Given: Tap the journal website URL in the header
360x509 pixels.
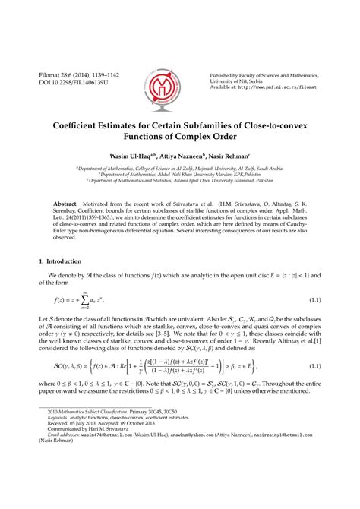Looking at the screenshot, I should tap(289, 87).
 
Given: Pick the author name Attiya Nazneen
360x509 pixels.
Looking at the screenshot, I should tap(182, 156).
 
